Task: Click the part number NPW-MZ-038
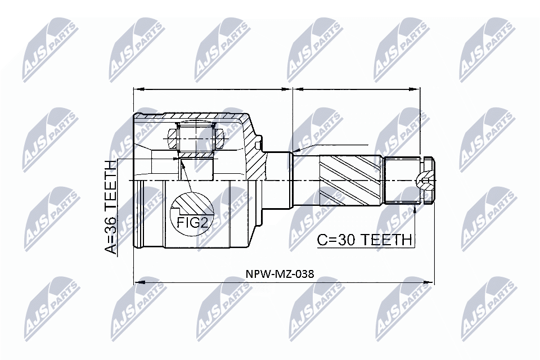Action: (280, 274)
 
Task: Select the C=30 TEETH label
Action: (364, 240)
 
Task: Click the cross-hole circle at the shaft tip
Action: (422, 180)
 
